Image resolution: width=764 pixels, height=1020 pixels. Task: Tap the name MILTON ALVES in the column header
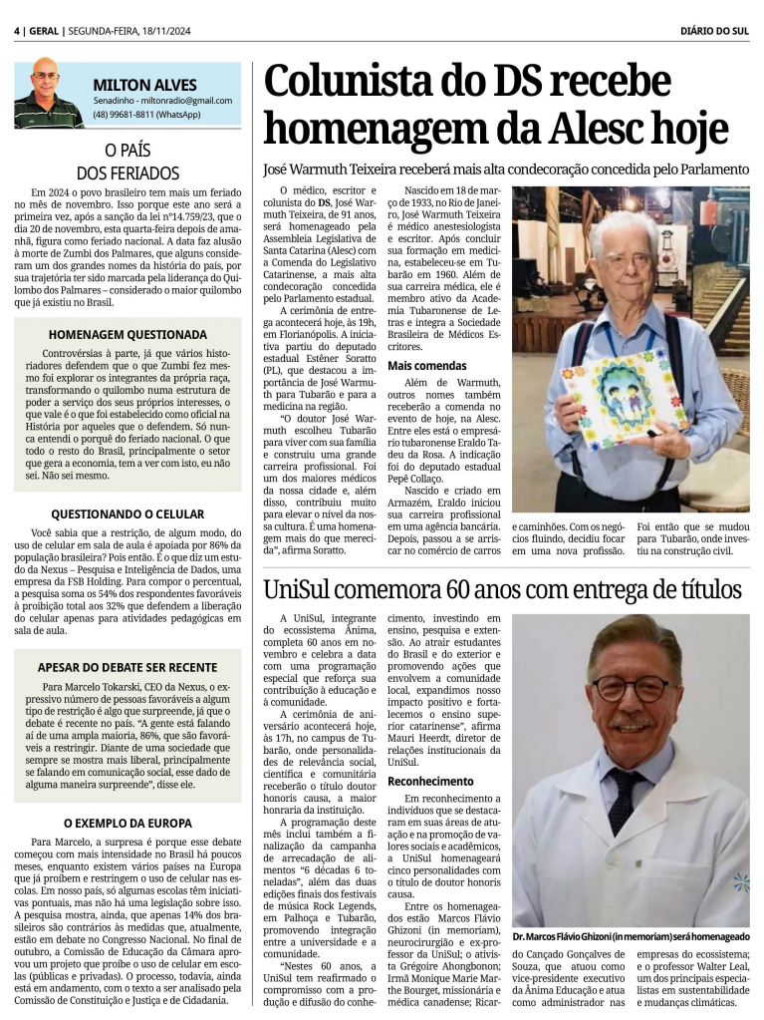(144, 85)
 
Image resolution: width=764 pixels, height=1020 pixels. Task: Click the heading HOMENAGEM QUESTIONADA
(127, 334)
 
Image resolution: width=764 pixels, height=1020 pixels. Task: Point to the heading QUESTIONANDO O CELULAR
(127, 513)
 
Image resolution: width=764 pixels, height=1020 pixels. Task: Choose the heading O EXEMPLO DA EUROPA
(127, 823)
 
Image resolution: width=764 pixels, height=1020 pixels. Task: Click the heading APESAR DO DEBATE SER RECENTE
(127, 667)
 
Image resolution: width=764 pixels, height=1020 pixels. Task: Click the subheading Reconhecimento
(430, 781)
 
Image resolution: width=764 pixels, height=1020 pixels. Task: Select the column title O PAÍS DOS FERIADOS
(127, 162)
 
